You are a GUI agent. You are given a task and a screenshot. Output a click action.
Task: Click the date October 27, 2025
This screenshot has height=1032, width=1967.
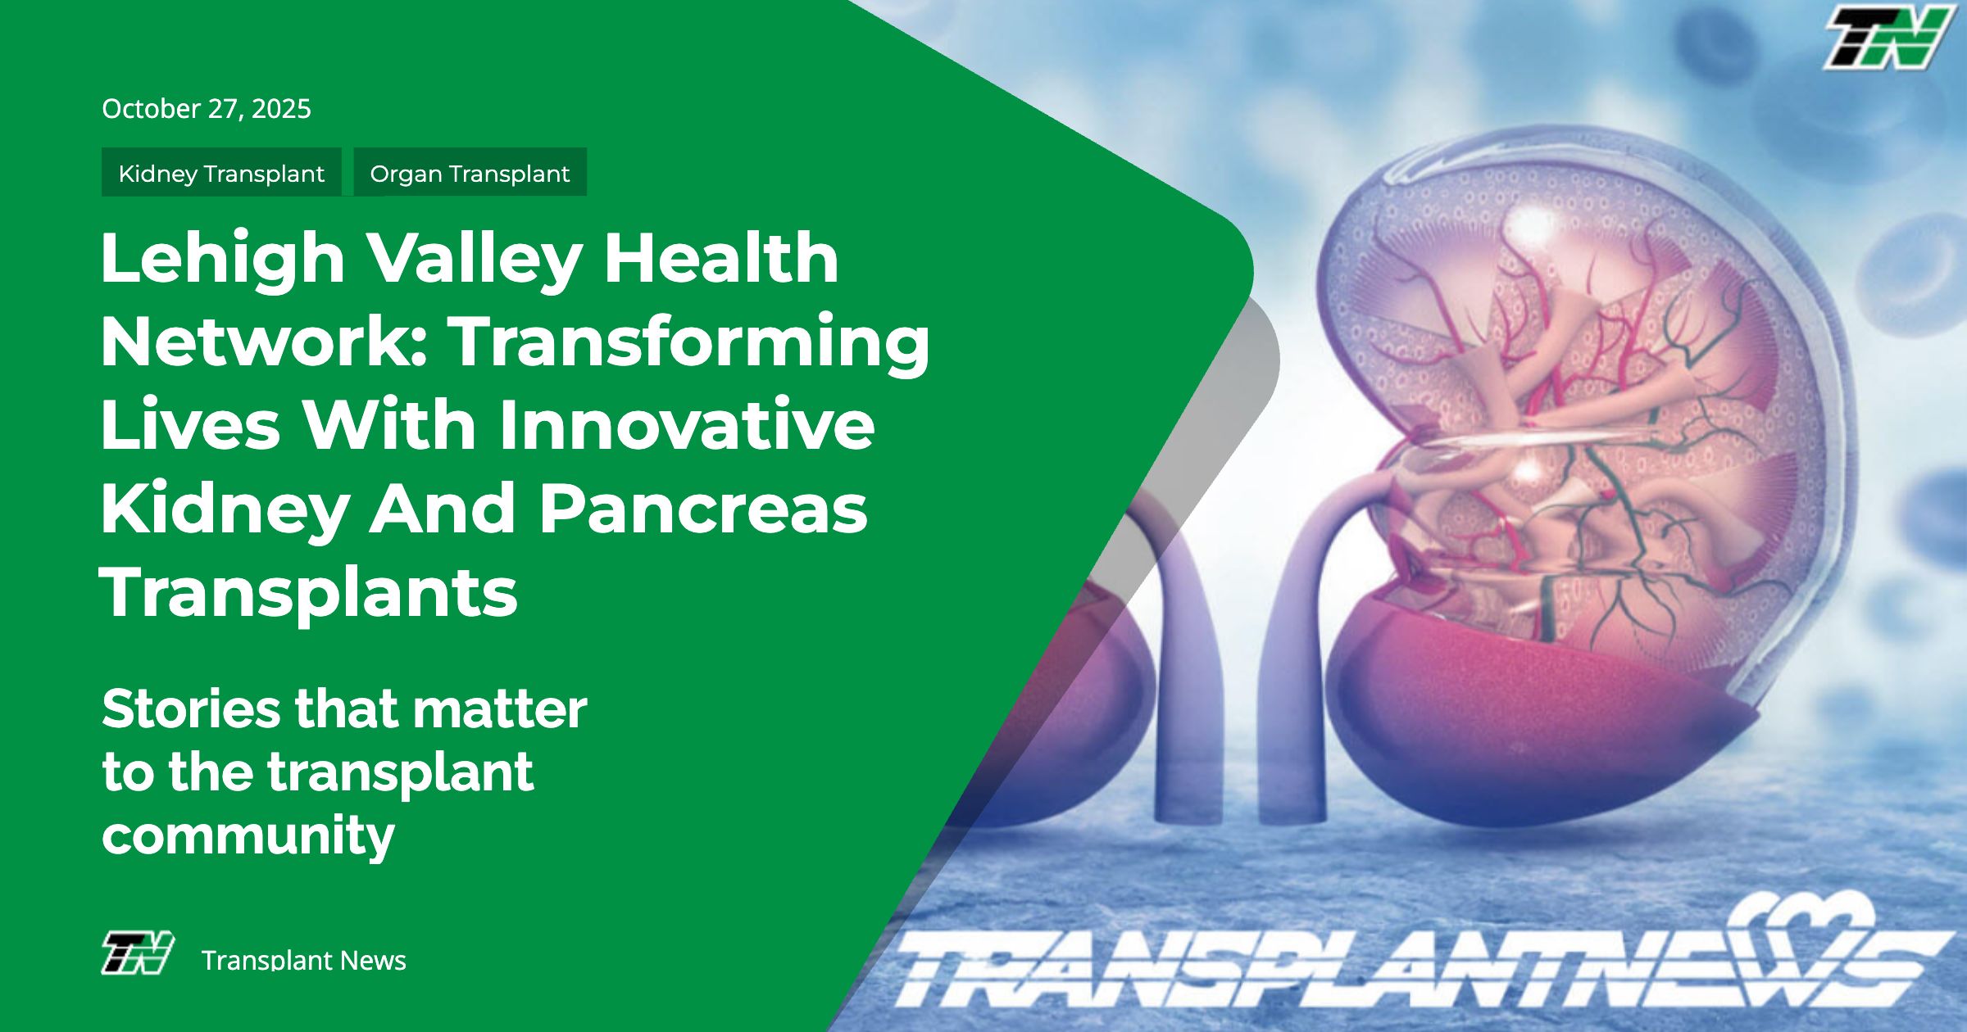[x=207, y=109]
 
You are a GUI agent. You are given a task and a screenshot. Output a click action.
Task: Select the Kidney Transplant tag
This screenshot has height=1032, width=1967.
[x=221, y=173]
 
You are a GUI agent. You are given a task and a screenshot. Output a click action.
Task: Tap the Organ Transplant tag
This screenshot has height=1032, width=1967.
[x=470, y=173]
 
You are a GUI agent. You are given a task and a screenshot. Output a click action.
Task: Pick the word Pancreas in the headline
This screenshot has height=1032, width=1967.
[x=703, y=509]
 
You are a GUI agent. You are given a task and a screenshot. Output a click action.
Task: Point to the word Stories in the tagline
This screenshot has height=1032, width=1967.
[x=191, y=708]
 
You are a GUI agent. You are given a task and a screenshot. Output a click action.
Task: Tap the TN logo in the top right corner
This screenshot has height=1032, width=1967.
[x=1888, y=38]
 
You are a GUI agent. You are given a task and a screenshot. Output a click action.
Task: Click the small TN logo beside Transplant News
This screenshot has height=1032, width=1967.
[x=138, y=953]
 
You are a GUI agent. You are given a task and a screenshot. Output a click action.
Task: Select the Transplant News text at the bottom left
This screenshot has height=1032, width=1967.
[x=304, y=960]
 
